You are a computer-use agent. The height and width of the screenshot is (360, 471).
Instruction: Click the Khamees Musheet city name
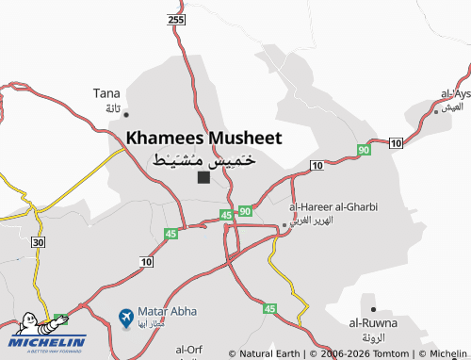[203, 138]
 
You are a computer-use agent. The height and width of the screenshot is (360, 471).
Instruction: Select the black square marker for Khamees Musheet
[203, 177]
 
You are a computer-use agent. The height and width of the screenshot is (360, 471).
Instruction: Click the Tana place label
[106, 92]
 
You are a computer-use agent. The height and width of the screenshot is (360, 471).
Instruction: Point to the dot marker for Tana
[126, 114]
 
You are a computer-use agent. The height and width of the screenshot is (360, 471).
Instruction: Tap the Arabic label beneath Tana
[112, 108]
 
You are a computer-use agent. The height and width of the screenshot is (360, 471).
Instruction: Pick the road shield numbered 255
[176, 19]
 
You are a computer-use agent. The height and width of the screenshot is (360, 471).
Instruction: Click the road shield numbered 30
[38, 242]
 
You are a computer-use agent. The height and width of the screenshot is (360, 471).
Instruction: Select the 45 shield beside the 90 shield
[226, 215]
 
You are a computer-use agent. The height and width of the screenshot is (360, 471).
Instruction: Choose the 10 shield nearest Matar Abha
[146, 261]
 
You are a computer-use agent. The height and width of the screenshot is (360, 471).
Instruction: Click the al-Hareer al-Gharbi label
[333, 206]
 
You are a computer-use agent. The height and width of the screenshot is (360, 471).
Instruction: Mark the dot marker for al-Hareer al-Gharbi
[284, 225]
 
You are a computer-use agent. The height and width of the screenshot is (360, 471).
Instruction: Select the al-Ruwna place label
[373, 323]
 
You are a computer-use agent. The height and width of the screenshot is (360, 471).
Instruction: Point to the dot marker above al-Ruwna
[374, 309]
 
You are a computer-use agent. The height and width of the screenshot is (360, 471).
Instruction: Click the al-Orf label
[189, 349]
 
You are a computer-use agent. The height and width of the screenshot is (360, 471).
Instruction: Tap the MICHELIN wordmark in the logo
[47, 342]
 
